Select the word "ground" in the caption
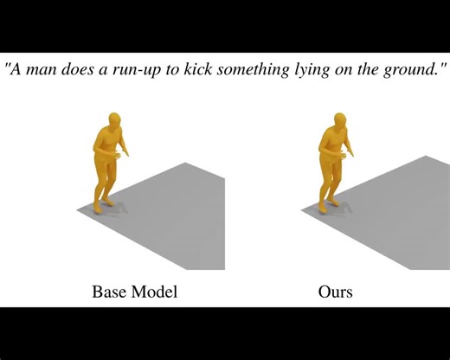(409, 68)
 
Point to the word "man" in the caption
(42, 68)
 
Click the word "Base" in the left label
(110, 292)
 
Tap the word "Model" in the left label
(155, 292)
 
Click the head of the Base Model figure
(111, 122)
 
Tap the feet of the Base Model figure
(101, 204)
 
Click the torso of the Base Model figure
(106, 149)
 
